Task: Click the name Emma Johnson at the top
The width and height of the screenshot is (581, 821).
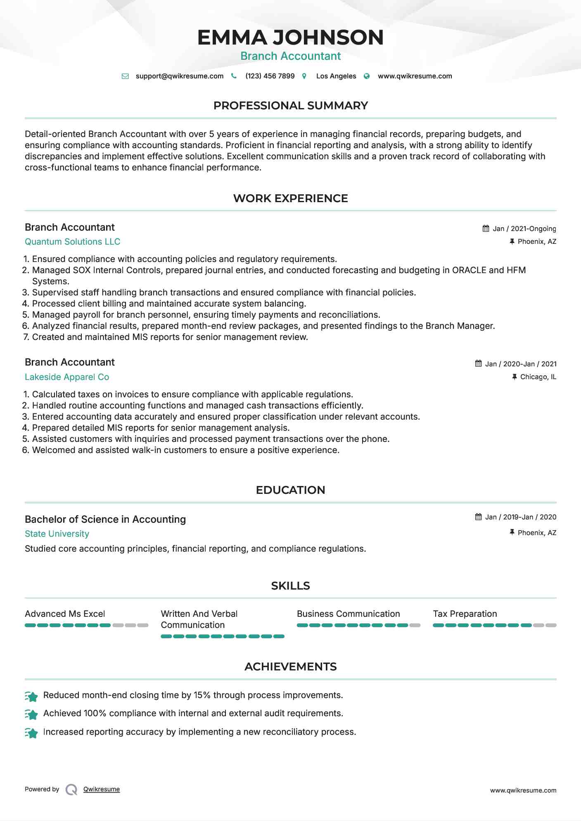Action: tap(290, 37)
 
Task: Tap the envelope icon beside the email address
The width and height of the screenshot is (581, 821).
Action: tap(125, 76)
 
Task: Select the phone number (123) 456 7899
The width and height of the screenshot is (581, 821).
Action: tap(270, 76)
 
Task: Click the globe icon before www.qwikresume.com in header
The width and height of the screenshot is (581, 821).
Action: tap(367, 76)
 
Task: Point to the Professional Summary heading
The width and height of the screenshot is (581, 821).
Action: tap(290, 106)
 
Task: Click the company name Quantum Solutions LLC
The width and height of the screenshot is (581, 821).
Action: tap(72, 242)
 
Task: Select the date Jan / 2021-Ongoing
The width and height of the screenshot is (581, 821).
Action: tap(524, 229)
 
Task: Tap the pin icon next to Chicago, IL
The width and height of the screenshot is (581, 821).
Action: tap(515, 377)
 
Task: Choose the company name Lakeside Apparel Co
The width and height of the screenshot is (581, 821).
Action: tap(67, 377)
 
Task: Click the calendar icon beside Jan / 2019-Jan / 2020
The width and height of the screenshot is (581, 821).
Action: tap(478, 517)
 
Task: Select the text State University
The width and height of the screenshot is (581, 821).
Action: tap(57, 534)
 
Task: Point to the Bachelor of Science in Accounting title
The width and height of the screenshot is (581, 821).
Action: tap(105, 519)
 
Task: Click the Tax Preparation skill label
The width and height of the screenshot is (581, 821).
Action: tap(465, 614)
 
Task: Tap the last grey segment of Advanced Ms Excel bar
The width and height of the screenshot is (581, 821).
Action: tap(143, 625)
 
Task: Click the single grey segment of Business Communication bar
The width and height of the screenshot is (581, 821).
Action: tap(415, 625)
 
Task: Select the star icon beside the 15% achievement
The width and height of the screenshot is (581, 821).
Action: tap(31, 696)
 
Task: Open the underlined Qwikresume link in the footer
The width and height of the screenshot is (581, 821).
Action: tap(102, 789)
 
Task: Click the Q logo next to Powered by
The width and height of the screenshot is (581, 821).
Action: tap(71, 790)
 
